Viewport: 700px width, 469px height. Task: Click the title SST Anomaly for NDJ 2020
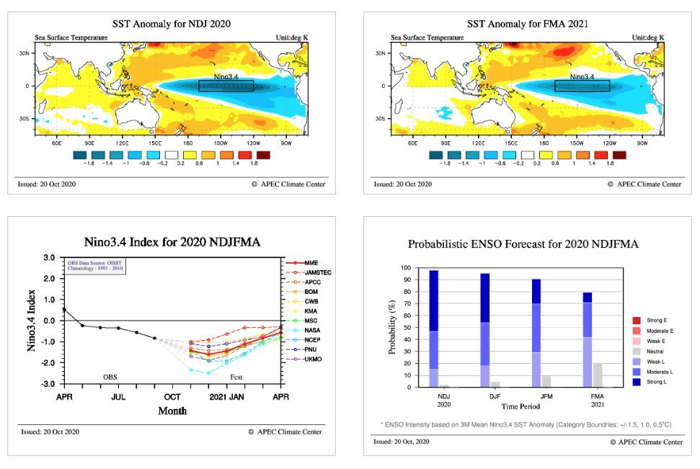click(172, 24)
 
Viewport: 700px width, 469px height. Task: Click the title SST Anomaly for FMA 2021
click(527, 24)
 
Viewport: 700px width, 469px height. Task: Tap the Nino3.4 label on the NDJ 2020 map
click(229, 76)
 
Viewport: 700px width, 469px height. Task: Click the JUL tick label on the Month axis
click(120, 396)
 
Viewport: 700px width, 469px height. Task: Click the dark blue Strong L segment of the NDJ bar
click(434, 300)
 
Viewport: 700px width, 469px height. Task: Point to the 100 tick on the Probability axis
click(407, 268)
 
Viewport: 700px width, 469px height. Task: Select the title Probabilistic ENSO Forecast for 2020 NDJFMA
click(523, 244)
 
